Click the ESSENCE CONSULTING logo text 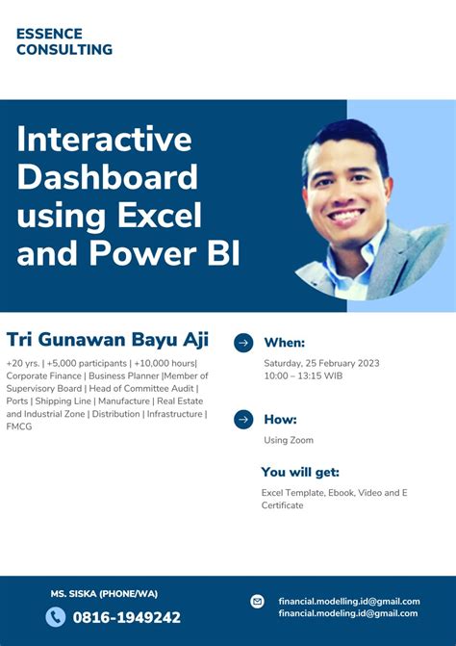coord(63,41)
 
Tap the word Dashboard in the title coord(107,177)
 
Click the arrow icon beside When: coord(243,342)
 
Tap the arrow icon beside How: coord(243,419)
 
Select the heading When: coord(284,343)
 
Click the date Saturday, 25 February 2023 coord(321,363)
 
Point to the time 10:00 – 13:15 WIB coord(302,376)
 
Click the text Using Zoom coord(289,440)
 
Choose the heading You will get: coord(300,472)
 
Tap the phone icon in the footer coord(55,617)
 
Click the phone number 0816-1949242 coord(126,617)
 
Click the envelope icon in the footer coord(257,601)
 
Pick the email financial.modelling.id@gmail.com coord(348,600)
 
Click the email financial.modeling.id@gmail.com coord(347,613)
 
